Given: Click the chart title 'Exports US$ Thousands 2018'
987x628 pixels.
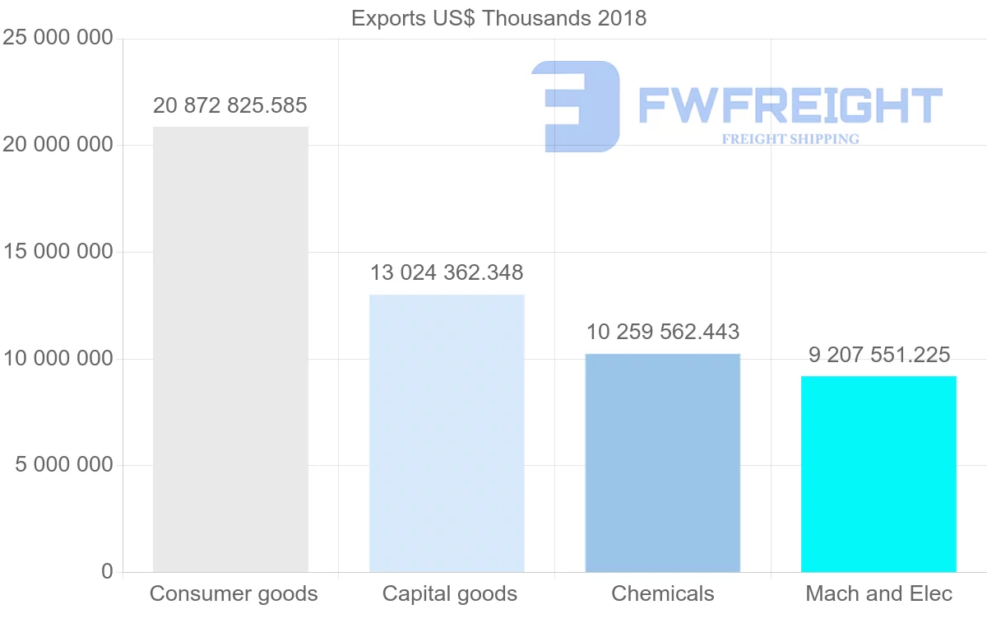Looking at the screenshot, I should pyautogui.click(x=498, y=18).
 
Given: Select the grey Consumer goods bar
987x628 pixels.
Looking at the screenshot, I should pyautogui.click(x=230, y=350).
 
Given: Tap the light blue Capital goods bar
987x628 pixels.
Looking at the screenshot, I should pyautogui.click(x=447, y=433).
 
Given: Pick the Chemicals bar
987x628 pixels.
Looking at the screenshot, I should pyautogui.click(x=663, y=463).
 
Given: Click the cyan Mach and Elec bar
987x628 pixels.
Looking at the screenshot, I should pyautogui.click(x=878, y=474).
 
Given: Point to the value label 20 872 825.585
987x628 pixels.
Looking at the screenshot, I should pyautogui.click(x=230, y=106).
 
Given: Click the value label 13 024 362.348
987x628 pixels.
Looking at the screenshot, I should pyautogui.click(x=447, y=272).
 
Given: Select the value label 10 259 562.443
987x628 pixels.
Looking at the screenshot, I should pyautogui.click(x=663, y=333).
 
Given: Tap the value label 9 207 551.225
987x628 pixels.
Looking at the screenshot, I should pyautogui.click(x=878, y=356).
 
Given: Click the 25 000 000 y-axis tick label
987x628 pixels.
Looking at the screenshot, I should pyautogui.click(x=57, y=39).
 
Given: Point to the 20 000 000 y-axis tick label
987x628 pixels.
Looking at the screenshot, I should pyautogui.click(x=57, y=145).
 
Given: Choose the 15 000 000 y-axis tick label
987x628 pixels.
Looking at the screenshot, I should pyautogui.click(x=57, y=252).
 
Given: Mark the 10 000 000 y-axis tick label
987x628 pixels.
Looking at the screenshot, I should pyautogui.click(x=57, y=359).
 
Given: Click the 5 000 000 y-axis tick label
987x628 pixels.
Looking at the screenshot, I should pyautogui.click(x=64, y=465).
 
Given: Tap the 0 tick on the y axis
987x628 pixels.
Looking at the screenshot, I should pyautogui.click(x=107, y=571).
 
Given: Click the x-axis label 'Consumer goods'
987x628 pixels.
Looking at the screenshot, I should pyautogui.click(x=234, y=593).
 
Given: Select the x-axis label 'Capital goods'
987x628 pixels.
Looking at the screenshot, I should pyautogui.click(x=450, y=593).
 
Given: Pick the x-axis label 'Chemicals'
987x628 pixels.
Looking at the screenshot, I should pyautogui.click(x=663, y=593).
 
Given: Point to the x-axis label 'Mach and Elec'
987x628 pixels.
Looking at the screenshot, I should pyautogui.click(x=878, y=593).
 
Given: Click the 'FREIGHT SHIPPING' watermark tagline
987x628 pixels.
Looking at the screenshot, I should pyautogui.click(x=790, y=139).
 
